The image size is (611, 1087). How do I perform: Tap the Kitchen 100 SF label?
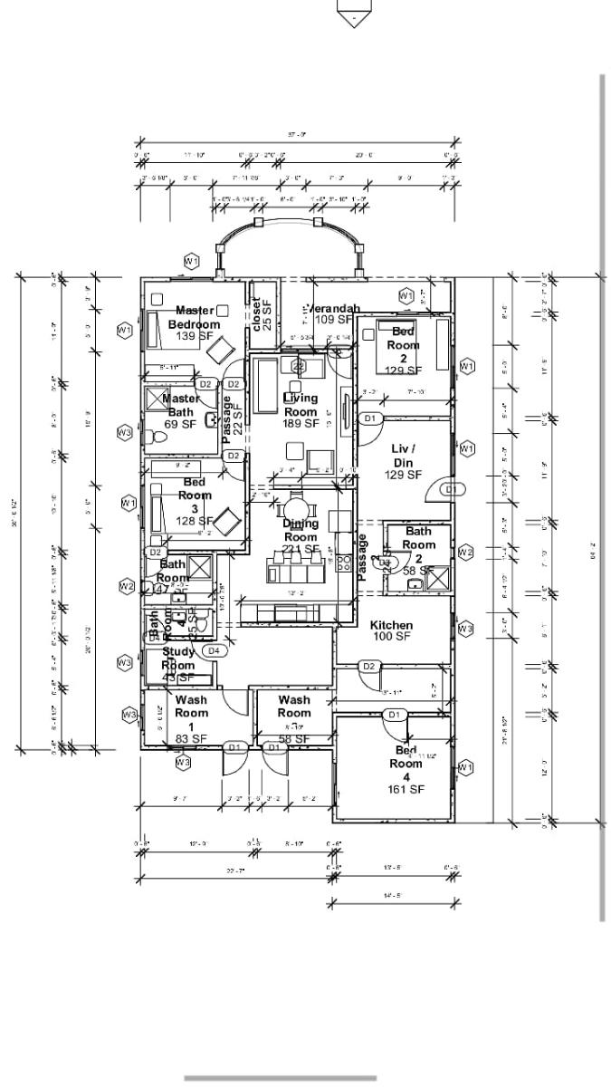(391, 630)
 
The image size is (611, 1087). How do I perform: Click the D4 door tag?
(214, 650)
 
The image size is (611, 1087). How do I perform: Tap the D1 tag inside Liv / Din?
(452, 489)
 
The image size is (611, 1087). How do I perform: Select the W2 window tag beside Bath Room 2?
(465, 552)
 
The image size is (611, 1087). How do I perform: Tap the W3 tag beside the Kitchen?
(465, 628)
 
